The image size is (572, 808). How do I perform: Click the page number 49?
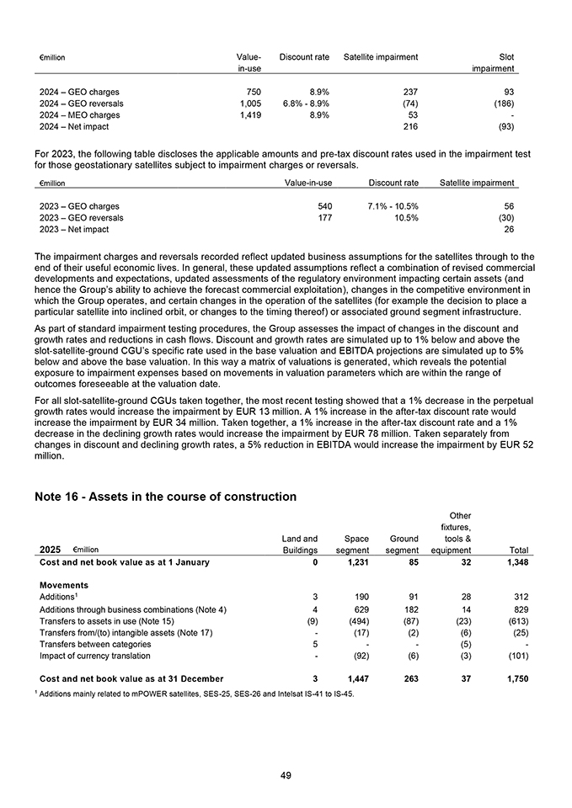pos(286,776)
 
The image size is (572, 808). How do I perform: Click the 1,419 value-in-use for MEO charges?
pos(248,114)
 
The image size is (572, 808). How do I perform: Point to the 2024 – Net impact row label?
pos(74,126)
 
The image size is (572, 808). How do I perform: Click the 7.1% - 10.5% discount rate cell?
pos(393,206)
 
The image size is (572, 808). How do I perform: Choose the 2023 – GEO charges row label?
pos(79,206)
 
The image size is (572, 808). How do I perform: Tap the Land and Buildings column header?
pos(300,545)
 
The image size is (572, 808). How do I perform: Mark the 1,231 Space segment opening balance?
pos(357,561)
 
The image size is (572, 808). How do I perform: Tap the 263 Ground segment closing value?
pos(409,678)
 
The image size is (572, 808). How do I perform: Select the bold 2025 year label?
pos(50,550)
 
